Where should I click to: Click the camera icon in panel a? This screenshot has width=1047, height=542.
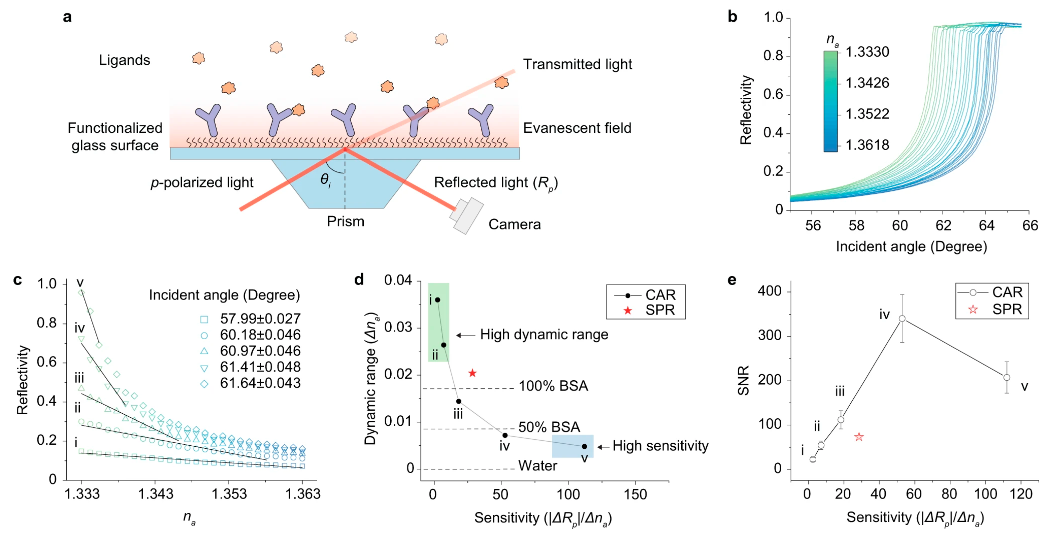click(x=467, y=216)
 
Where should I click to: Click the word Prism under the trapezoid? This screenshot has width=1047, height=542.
click(x=346, y=222)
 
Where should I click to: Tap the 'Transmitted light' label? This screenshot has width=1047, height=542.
click(x=577, y=64)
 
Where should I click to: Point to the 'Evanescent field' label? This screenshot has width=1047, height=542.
click(x=577, y=128)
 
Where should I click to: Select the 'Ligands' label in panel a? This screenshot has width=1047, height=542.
click(x=124, y=60)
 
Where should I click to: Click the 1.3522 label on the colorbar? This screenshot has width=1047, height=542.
click(x=867, y=114)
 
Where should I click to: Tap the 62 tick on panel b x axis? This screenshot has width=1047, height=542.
click(x=943, y=226)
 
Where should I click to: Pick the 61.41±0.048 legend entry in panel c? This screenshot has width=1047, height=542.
click(x=260, y=367)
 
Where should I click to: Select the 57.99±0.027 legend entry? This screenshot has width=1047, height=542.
click(x=260, y=319)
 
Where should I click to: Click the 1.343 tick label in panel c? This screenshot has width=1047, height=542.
click(x=156, y=494)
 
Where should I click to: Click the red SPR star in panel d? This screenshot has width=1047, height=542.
click(x=472, y=373)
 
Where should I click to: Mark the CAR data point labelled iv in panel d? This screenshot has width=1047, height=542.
click(x=505, y=436)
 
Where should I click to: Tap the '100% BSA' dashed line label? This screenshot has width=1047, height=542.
click(x=553, y=386)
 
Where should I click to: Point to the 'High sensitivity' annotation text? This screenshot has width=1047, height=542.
click(x=660, y=446)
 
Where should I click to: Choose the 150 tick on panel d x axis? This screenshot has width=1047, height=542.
click(x=635, y=495)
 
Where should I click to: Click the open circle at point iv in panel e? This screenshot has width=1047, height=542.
click(x=902, y=319)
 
